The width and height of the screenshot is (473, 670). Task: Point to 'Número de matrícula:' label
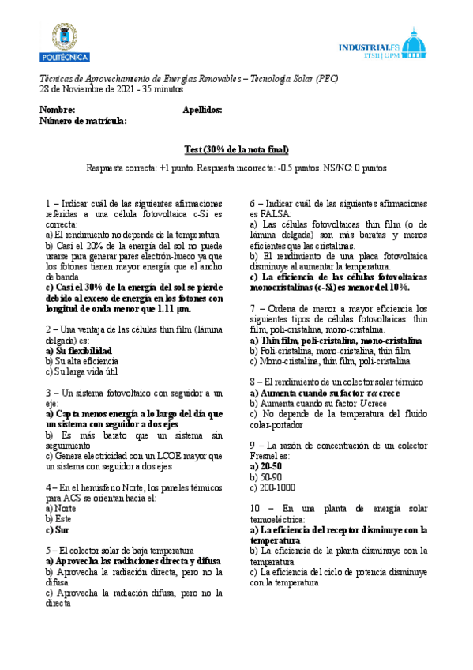83,121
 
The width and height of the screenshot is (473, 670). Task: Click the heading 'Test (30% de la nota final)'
236,150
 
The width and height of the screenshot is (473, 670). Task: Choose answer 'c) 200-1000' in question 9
272,487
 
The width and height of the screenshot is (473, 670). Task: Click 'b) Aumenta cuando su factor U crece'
314,403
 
